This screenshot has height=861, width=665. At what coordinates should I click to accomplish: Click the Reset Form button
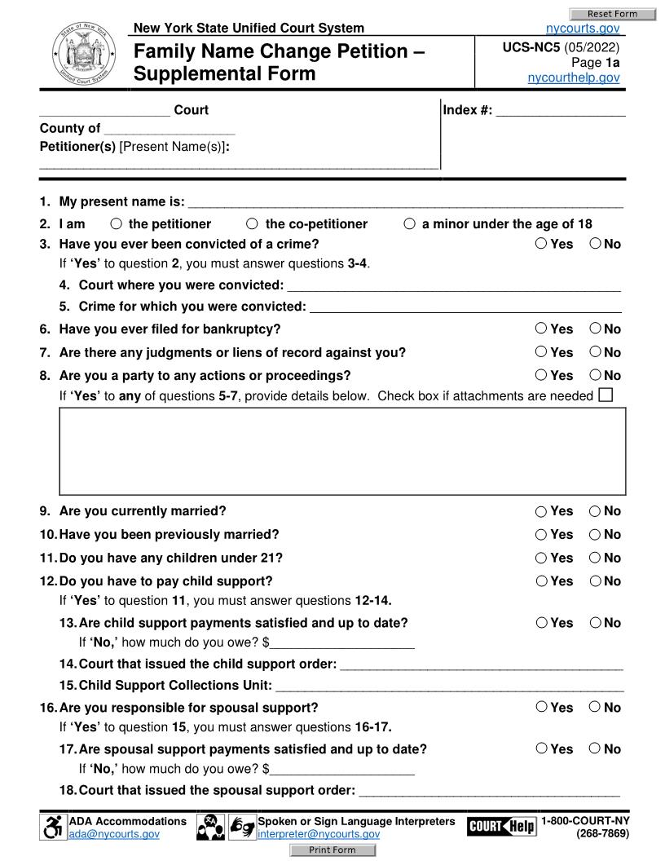(x=612, y=14)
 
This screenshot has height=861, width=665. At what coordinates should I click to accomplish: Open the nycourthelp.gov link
(x=574, y=77)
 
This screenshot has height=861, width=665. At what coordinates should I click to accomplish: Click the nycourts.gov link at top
(x=583, y=29)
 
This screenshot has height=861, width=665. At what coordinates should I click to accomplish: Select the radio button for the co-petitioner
(x=252, y=224)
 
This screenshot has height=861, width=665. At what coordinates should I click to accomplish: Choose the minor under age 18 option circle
(x=409, y=224)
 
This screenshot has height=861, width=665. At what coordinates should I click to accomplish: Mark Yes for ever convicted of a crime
(x=541, y=243)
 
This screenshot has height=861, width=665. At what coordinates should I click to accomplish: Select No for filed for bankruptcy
(x=595, y=329)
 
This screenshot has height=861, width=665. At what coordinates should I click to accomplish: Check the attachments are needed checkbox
(x=605, y=395)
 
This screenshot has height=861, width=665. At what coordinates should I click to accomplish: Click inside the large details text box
(x=342, y=451)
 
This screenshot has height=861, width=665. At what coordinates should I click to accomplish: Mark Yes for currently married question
(x=541, y=511)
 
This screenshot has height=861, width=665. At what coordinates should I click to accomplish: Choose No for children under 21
(x=595, y=558)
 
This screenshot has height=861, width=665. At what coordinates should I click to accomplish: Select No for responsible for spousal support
(x=595, y=707)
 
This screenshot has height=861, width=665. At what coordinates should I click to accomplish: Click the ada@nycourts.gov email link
(x=114, y=834)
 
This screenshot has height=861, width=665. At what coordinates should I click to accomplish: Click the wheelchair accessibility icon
(x=52, y=827)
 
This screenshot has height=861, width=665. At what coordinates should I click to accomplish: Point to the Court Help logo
(x=501, y=827)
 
